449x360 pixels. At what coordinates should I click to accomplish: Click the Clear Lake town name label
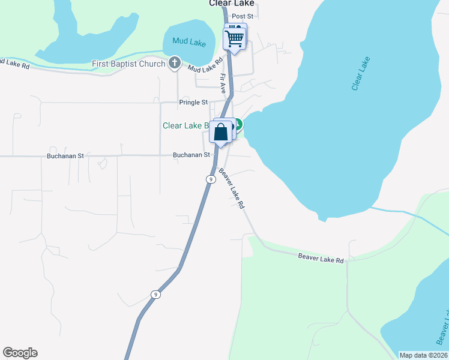coord(231,3)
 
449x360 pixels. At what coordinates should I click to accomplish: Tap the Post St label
coord(243,16)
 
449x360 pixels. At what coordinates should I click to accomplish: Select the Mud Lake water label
coord(189,41)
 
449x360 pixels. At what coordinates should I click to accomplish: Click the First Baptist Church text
coord(128,64)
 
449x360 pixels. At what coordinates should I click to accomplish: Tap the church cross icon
coord(175,62)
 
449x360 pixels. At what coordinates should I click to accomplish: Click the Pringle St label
coord(193,103)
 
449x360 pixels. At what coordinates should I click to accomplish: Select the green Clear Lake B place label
coord(185,126)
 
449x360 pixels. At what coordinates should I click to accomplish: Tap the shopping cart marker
coord(235,38)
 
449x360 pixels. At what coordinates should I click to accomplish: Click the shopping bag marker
coord(221,131)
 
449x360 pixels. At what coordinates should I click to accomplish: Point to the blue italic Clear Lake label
coord(361,74)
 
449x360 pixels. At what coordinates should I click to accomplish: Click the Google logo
coord(20,353)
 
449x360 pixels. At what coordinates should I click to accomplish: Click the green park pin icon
coord(238,125)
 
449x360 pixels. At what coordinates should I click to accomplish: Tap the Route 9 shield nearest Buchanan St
coord(210,179)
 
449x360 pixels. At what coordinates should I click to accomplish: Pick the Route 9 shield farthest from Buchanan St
coord(155,294)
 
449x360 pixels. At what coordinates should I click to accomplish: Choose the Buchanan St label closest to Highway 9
coord(191,155)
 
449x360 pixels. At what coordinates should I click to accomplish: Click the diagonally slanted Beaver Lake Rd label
coord(232,188)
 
